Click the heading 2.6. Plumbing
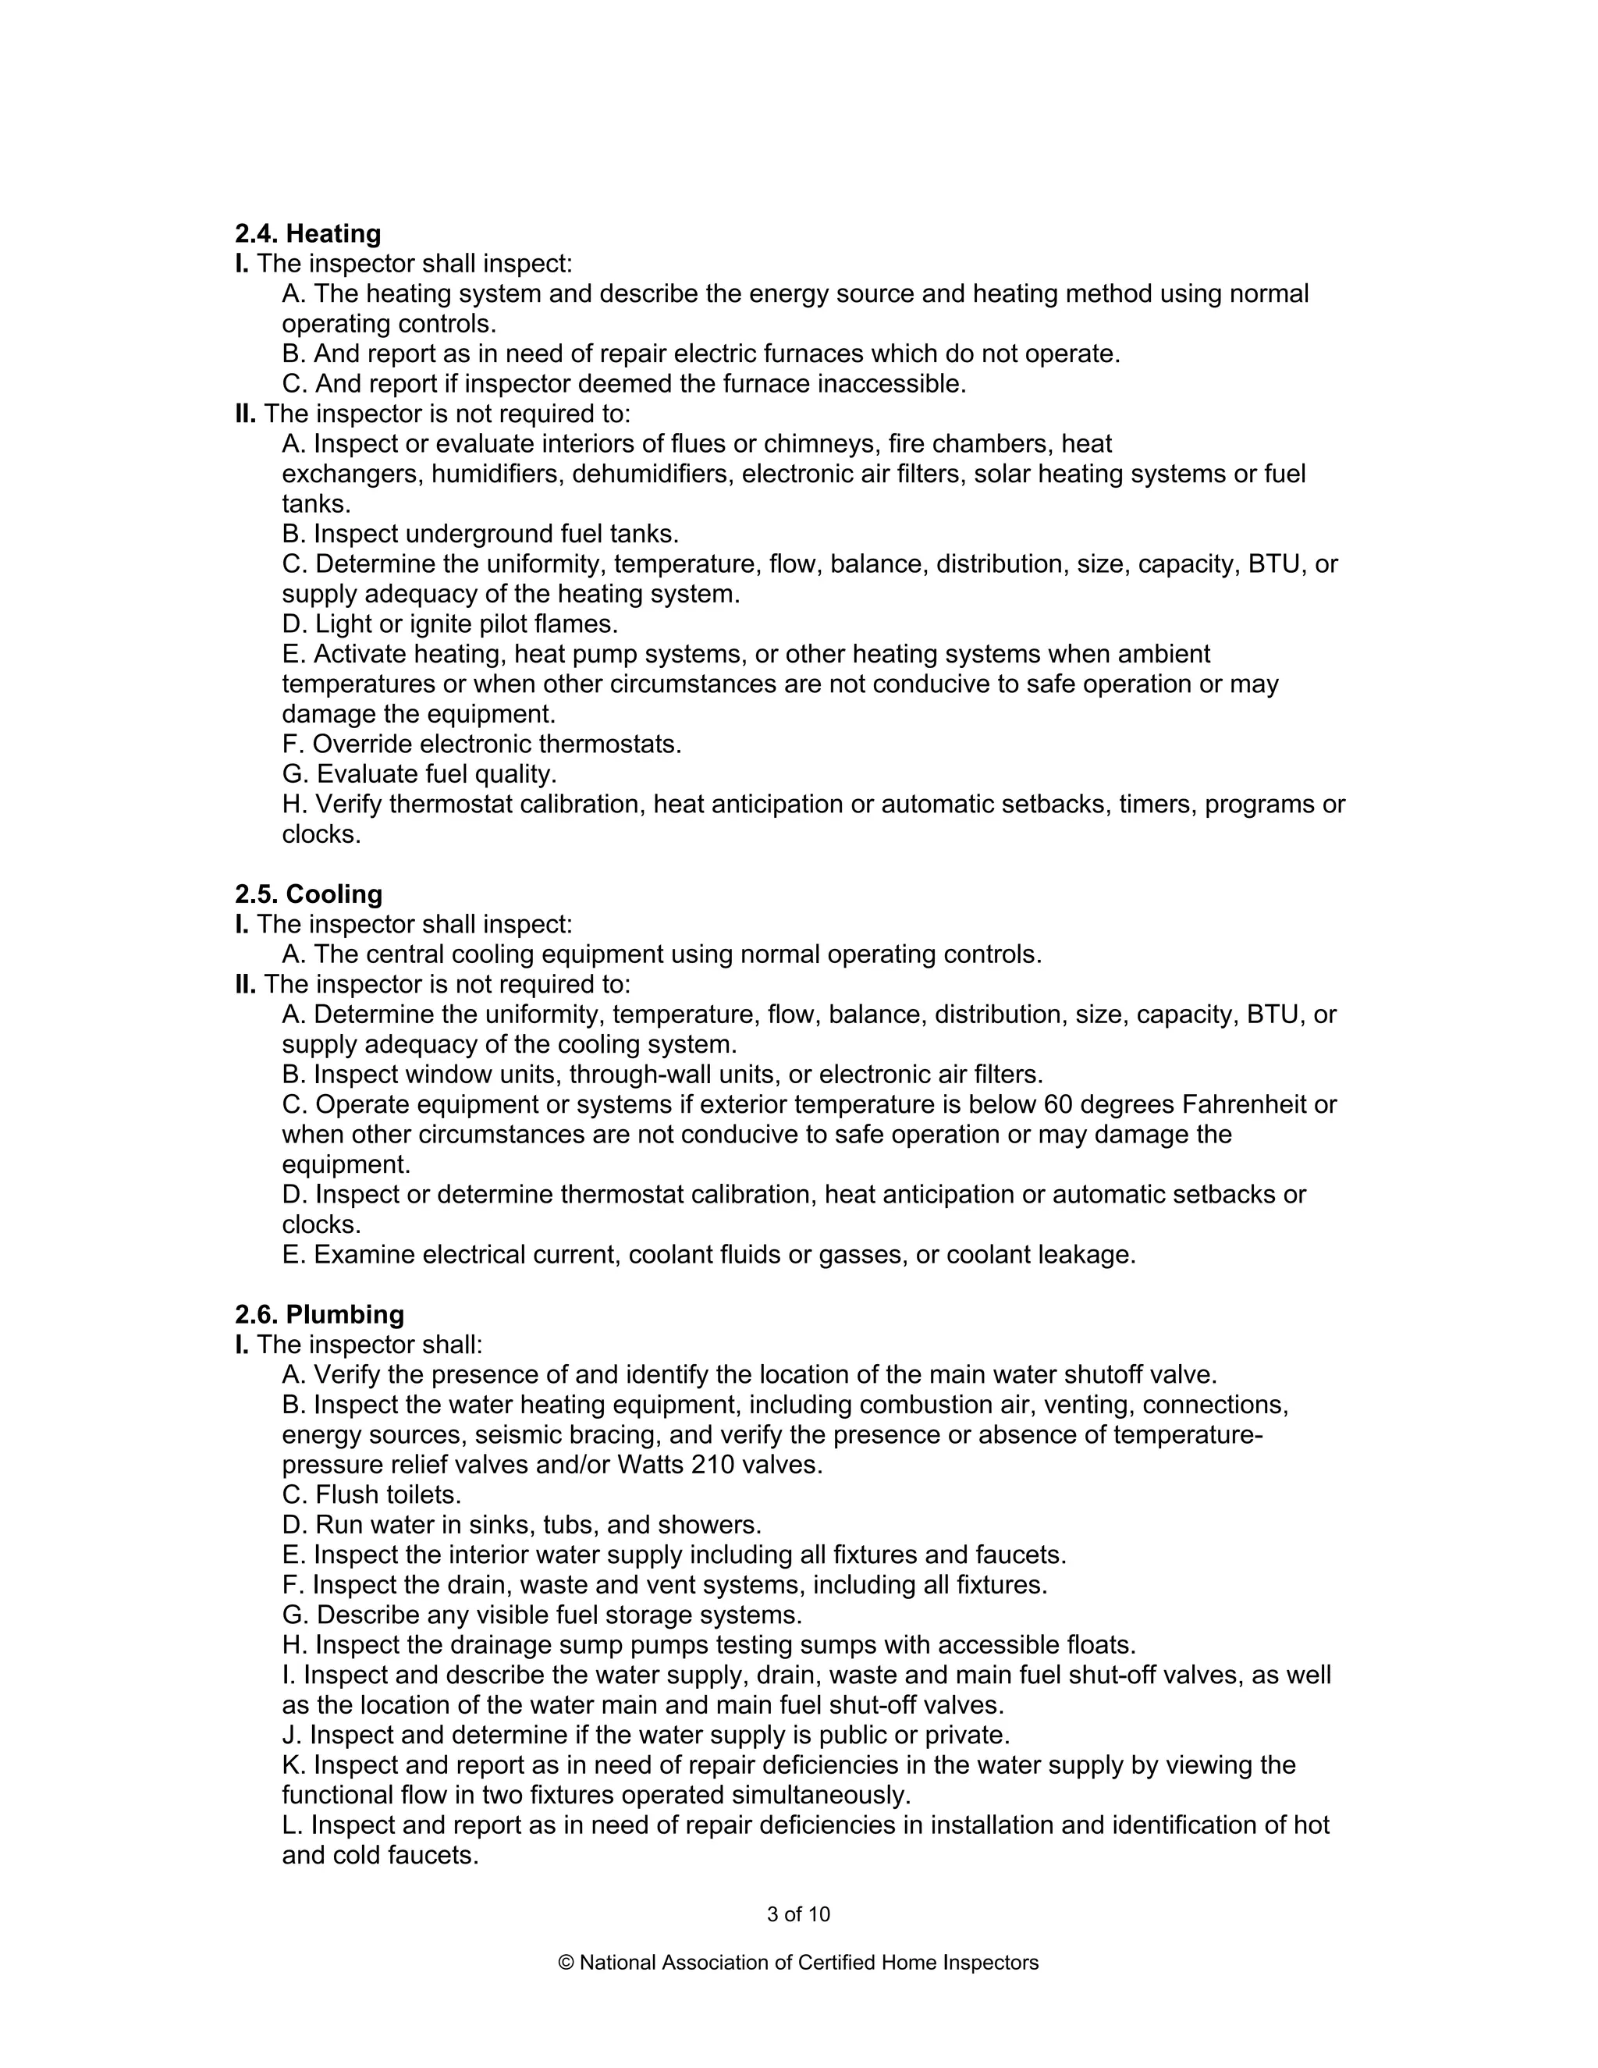(319, 1314)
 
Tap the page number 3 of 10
(798, 1913)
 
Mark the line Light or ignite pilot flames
(449, 624)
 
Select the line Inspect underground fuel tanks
(480, 534)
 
